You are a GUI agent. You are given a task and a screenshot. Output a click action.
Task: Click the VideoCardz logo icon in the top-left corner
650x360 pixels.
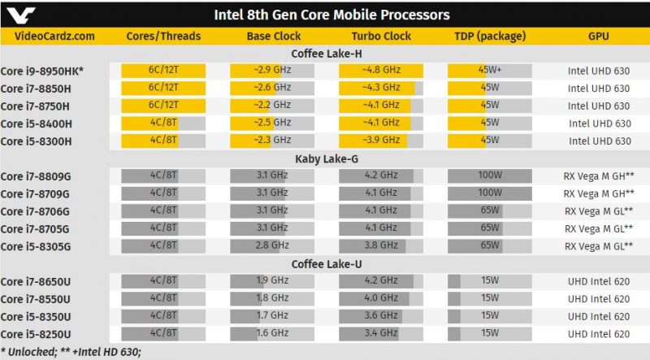[21, 15]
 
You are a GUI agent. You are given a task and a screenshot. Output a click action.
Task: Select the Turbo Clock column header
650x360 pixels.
[381, 36]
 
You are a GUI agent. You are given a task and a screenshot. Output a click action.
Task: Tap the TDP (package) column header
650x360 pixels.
[490, 37]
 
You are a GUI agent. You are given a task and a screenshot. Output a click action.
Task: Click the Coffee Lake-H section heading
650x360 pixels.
[327, 54]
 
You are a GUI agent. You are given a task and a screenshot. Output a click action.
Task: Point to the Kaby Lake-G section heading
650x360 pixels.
[327, 158]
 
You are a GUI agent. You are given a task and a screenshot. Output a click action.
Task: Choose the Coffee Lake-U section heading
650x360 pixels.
[327, 264]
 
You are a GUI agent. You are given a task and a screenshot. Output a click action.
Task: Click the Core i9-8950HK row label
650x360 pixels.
[42, 71]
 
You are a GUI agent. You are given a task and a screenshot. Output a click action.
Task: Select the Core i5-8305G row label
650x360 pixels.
[36, 246]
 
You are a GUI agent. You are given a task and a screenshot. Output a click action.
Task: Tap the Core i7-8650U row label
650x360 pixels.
[36, 282]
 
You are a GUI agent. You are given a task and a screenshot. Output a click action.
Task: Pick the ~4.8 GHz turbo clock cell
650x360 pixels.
[381, 71]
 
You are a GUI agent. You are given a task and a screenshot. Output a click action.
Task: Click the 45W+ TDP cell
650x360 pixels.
[490, 71]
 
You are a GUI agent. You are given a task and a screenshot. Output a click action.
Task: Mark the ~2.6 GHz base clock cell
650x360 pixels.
[272, 88]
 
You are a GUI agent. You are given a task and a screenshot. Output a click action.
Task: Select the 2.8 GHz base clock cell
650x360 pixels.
[272, 246]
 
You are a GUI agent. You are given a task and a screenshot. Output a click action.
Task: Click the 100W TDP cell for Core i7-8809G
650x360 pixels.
[490, 176]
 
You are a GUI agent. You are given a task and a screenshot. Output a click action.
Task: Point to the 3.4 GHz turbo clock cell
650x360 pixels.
[381, 334]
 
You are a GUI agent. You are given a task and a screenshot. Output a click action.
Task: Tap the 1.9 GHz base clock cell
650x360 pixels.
[272, 281]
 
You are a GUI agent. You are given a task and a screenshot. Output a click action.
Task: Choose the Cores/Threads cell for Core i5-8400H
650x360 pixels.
[163, 124]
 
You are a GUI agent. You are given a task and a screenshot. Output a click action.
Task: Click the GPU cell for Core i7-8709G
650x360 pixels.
[599, 193]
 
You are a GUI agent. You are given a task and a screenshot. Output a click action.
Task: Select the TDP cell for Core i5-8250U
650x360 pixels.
[490, 334]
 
